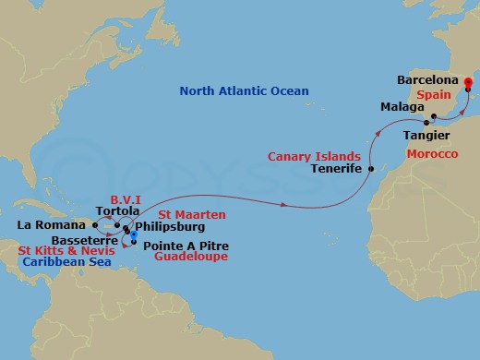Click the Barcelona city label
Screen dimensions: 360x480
coord(428,80)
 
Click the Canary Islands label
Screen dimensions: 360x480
coord(314,157)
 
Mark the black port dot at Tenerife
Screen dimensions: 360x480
coord(370,170)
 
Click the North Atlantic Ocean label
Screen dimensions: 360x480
coord(244,90)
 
